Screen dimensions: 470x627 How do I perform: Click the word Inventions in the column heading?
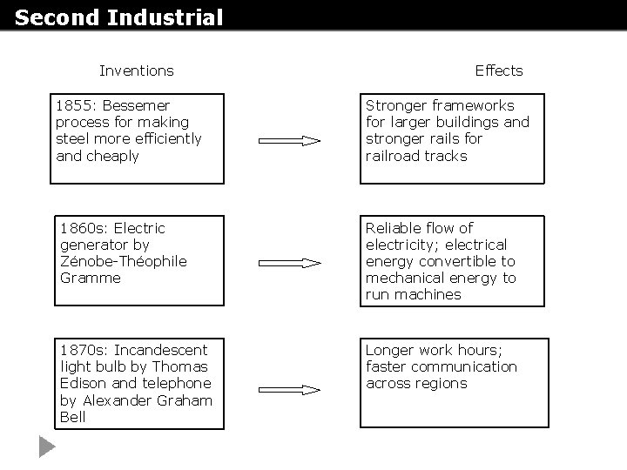tap(136, 70)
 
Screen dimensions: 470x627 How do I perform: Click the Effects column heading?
tap(499, 70)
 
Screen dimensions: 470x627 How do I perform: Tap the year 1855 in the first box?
tap(71, 105)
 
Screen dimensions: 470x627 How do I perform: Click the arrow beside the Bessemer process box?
tap(290, 140)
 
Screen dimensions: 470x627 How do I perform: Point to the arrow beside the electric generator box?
tap(290, 261)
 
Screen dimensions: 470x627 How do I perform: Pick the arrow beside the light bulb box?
tap(290, 391)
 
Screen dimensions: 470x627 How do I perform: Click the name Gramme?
tap(91, 278)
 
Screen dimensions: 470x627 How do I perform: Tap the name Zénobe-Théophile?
tap(124, 261)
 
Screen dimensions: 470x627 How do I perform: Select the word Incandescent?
tap(161, 350)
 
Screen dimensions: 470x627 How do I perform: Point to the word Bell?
tap(73, 417)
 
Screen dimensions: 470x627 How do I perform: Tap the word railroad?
tap(394, 156)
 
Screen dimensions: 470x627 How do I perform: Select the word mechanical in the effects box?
tap(404, 278)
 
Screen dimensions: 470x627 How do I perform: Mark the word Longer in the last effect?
tap(388, 350)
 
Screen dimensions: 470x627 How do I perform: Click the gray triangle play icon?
tap(46, 448)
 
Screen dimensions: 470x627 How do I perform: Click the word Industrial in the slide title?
tap(167, 17)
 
